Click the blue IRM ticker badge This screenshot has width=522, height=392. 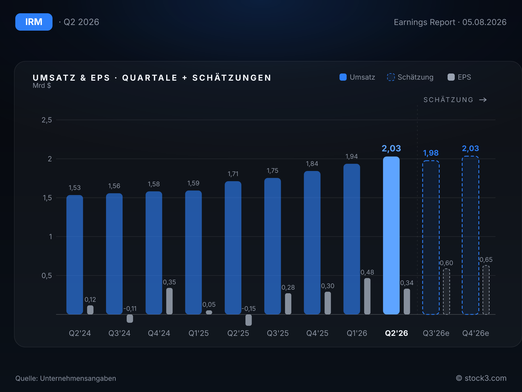point(34,22)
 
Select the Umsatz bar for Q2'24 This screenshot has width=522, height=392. point(75,255)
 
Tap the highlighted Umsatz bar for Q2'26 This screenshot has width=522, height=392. point(391,235)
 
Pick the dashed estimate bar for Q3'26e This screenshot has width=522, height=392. point(431,237)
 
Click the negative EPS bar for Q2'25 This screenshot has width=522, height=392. point(249,320)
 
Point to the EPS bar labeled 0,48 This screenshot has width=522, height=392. point(367,296)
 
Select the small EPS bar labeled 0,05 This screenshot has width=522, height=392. point(209,312)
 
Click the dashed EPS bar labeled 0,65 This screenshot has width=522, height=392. point(486,290)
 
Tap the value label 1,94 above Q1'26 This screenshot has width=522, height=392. point(351,156)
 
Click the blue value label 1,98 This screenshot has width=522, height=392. point(431,153)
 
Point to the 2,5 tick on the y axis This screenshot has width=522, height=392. point(47,120)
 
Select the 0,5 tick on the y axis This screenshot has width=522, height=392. point(47,276)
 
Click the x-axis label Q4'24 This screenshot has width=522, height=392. point(159,333)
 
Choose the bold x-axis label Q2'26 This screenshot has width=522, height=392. point(396,333)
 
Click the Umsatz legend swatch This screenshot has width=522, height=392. point(343,77)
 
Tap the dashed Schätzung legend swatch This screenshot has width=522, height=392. point(391,77)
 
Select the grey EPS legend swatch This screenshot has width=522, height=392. point(451,77)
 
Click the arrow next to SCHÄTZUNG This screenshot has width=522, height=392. point(483,100)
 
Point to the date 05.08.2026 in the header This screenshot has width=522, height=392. point(484,22)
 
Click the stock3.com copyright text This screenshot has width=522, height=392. point(481,378)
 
